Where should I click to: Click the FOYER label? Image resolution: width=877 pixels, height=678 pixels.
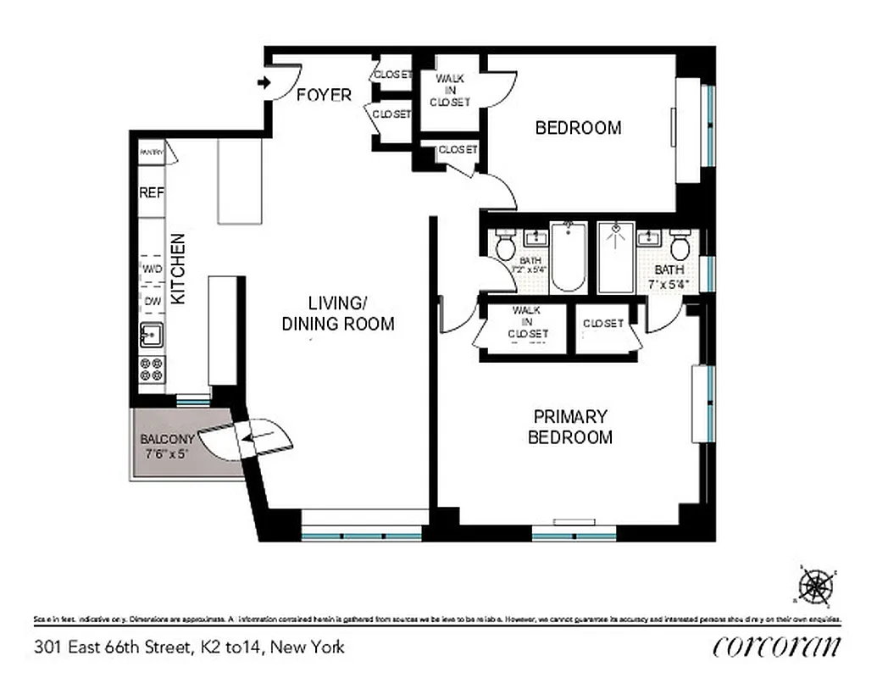point(324,95)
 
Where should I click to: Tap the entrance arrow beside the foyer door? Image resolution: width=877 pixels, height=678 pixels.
point(264,82)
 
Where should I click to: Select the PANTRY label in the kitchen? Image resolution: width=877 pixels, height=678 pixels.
point(152,153)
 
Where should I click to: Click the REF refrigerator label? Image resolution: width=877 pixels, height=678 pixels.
point(152,193)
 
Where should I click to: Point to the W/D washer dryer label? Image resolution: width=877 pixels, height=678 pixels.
point(152,270)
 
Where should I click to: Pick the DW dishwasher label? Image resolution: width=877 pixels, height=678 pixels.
point(152,300)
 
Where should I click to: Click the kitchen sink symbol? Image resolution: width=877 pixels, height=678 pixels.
point(152,336)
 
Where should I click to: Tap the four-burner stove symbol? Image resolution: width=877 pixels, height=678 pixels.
point(152,369)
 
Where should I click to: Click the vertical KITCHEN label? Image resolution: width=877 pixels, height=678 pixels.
point(179,269)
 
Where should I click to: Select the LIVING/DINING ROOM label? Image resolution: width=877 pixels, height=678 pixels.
point(338,314)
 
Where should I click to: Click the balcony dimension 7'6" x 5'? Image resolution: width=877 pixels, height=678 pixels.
point(166,453)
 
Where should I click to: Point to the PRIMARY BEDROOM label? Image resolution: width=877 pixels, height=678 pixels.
point(570,427)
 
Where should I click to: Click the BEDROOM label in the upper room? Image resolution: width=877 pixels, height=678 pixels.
point(579,128)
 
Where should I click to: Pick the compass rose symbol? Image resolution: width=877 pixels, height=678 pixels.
point(817,586)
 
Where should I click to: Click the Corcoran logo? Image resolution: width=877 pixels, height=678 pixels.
point(777,647)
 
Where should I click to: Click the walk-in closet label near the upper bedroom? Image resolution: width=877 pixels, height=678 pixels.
point(449,90)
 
